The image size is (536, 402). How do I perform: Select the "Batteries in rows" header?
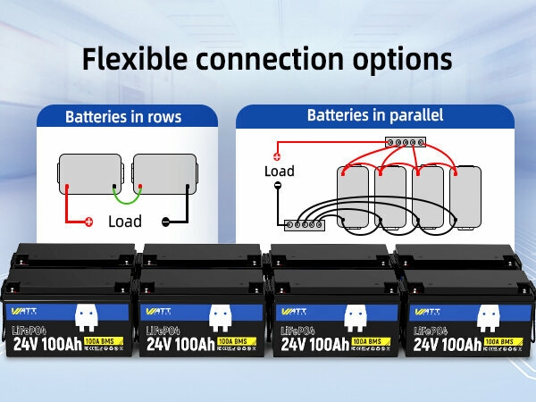click(123, 117)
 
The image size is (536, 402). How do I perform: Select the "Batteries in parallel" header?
click(375, 115)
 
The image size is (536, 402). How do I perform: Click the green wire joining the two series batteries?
click(127, 196)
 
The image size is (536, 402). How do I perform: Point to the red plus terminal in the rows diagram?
click(88, 221)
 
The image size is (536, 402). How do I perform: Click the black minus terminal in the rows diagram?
click(165, 221)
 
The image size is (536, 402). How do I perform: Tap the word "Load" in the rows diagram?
click(125, 221)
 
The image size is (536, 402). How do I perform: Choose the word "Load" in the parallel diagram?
click(280, 171)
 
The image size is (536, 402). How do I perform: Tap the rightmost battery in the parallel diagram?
click(465, 198)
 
